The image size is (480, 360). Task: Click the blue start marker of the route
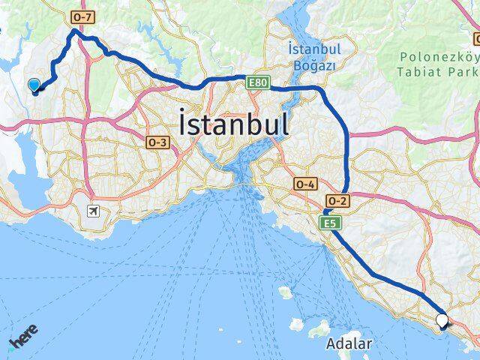34,85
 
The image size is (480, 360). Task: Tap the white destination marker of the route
442,320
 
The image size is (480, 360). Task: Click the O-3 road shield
158,142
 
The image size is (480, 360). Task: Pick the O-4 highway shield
305,183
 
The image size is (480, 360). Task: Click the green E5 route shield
329,223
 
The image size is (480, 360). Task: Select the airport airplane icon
93,211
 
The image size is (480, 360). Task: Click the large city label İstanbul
234,123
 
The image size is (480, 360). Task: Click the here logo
22,342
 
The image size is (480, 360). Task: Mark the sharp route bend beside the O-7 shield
73,31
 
